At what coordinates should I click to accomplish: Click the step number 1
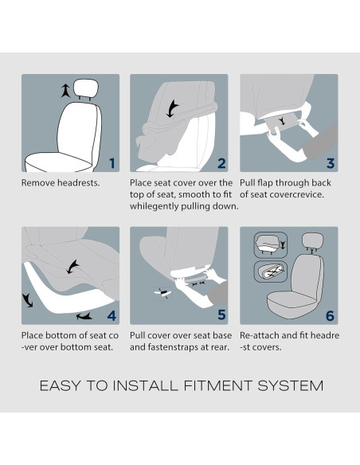point(112,163)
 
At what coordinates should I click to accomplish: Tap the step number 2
point(221,163)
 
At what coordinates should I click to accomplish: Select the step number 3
point(331,163)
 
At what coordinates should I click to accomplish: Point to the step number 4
point(112,316)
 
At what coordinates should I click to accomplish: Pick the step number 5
point(221,315)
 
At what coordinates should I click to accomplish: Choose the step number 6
point(330,316)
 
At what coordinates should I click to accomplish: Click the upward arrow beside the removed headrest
point(65,91)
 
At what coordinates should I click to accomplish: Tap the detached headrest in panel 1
point(86,88)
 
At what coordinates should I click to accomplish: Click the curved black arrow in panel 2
point(172,108)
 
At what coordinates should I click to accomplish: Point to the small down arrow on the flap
point(282,121)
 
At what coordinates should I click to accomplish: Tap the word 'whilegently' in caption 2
point(154,206)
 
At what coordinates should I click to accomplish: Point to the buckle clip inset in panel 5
point(162,293)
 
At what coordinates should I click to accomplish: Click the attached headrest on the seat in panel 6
point(312,241)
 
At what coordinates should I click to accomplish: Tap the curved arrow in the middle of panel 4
point(73,267)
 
